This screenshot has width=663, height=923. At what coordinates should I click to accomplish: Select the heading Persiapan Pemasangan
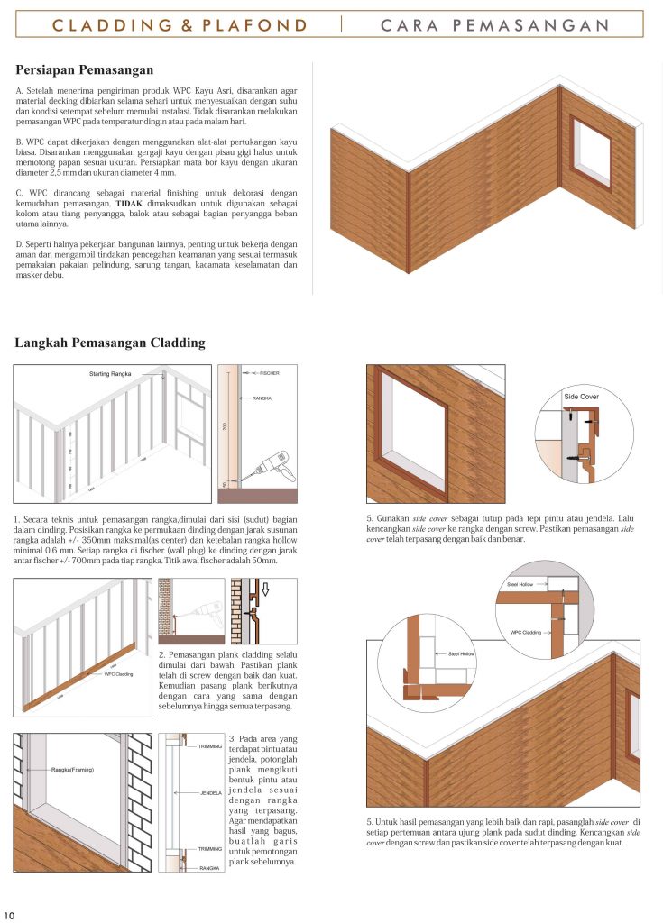pyautogui.click(x=85, y=69)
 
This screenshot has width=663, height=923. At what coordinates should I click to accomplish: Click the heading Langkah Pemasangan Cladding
pyautogui.click(x=110, y=343)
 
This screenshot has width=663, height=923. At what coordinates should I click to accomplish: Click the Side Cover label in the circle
pyautogui.click(x=581, y=397)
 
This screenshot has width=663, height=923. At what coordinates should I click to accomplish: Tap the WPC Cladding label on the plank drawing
pyautogui.click(x=118, y=672)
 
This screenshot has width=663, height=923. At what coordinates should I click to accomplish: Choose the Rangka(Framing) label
pyautogui.click(x=73, y=769)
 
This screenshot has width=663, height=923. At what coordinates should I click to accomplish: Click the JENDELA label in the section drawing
pyautogui.click(x=211, y=793)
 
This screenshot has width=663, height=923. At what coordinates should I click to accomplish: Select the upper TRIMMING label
pyautogui.click(x=209, y=745)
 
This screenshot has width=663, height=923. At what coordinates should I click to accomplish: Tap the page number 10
pyautogui.click(x=9, y=913)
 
